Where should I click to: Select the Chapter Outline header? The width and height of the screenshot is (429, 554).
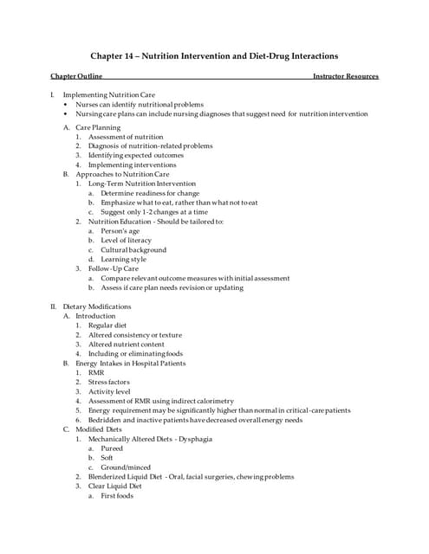(x=76, y=76)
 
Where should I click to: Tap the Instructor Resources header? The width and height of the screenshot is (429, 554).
(x=346, y=76)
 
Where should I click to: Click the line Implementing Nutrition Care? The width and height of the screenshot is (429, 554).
(x=103, y=93)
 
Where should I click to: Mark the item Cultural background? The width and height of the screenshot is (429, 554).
(x=133, y=250)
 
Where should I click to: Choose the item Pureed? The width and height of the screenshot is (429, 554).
(x=112, y=448)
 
